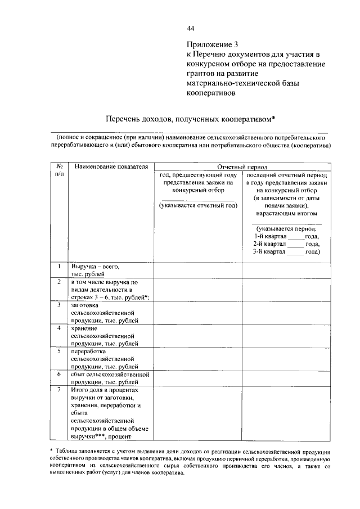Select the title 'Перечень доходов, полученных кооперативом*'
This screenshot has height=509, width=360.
[191, 119]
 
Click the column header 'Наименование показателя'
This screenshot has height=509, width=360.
[110, 167]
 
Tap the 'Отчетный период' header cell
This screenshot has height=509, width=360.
[242, 167]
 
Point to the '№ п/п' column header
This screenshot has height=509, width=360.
[59, 171]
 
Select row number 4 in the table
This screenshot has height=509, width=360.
[59, 328]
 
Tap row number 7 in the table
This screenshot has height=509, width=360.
[59, 389]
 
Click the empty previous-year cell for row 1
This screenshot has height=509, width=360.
[197, 269]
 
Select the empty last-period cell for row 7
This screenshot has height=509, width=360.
[286, 413]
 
